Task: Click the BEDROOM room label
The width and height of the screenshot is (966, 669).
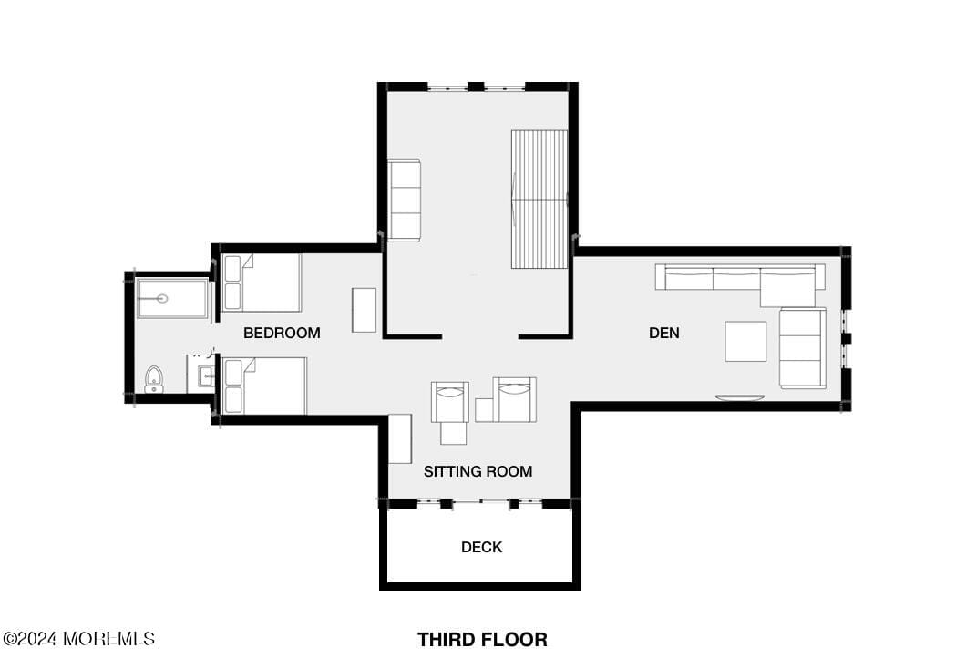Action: [282, 333]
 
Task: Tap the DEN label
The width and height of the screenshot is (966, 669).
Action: [664, 333]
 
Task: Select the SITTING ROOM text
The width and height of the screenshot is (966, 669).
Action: [478, 471]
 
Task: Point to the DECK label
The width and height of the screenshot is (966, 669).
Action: [482, 547]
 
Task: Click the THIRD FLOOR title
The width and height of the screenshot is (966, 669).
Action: [482, 640]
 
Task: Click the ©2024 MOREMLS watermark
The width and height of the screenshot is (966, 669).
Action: [79, 639]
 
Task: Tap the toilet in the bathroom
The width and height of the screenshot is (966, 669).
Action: [153, 379]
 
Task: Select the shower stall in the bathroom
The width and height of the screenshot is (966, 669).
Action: [173, 298]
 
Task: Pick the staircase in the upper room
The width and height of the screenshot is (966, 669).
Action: [540, 199]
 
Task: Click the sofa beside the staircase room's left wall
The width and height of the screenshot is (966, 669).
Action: [404, 200]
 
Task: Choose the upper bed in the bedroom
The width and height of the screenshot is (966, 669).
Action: [262, 283]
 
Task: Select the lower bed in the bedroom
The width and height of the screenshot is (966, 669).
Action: [264, 386]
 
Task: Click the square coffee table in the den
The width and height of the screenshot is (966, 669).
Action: [745, 341]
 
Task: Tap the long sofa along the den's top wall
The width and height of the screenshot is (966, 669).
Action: [740, 278]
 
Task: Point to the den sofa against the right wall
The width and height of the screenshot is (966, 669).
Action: [803, 348]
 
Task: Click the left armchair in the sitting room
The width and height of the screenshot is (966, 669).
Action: [450, 402]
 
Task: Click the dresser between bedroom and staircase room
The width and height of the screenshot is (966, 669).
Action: [365, 310]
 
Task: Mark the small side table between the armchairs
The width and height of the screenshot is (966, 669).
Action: [485, 410]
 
